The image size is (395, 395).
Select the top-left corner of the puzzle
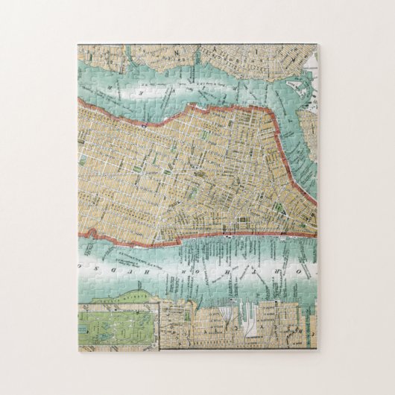(x=78, y=45)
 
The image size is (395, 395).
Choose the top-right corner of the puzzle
(x=317, y=45)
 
